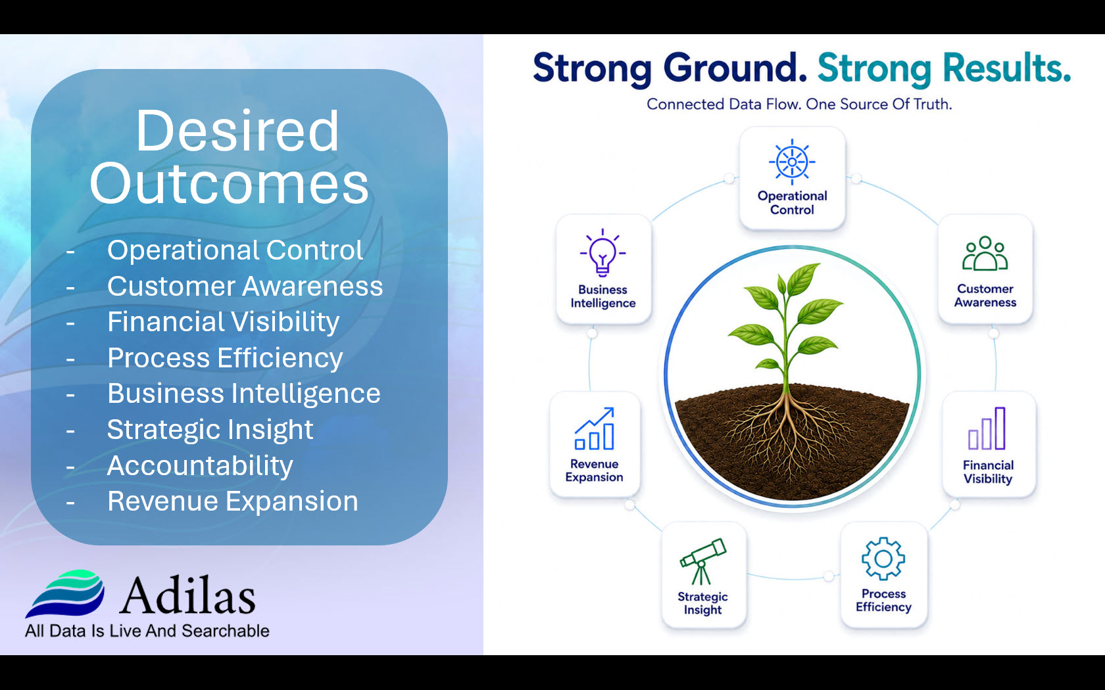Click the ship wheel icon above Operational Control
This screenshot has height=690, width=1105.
click(x=792, y=162)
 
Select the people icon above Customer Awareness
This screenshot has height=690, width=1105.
click(x=985, y=254)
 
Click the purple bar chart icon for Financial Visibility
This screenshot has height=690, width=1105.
click(x=987, y=428)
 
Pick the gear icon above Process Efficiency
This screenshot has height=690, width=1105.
click(x=883, y=559)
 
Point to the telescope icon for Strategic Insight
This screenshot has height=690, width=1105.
click(x=702, y=561)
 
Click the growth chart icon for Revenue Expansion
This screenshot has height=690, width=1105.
click(x=595, y=428)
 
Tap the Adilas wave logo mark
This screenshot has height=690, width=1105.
click(x=65, y=593)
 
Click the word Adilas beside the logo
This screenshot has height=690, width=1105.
click(x=187, y=595)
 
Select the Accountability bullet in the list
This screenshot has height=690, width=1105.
click(x=200, y=466)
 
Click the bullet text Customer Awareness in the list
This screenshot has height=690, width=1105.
click(x=245, y=287)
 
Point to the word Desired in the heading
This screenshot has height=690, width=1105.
click(x=237, y=131)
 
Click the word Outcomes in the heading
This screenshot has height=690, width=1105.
click(x=230, y=183)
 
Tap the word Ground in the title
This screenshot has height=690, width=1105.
click(x=735, y=68)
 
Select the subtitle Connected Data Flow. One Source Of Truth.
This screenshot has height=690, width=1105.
click(x=799, y=104)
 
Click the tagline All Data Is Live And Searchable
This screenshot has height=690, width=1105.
click(x=147, y=631)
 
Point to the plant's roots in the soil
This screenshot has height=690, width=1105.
click(x=788, y=434)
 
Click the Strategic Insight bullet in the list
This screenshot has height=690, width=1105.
click(x=210, y=430)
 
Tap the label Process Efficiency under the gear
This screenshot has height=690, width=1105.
click(x=883, y=601)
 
